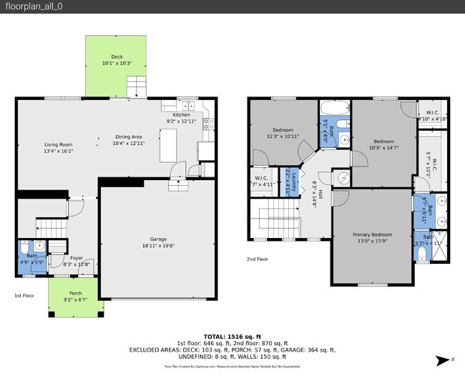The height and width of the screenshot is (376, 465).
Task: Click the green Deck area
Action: click(x=107, y=71)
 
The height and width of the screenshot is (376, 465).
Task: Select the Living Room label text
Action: click(x=59, y=148)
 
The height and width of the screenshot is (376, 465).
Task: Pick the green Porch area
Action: click(x=75, y=300)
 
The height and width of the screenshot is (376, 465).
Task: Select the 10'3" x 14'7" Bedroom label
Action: click(x=383, y=144)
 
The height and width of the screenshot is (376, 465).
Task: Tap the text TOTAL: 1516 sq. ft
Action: click(x=232, y=335)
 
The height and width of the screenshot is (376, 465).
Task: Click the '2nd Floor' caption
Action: click(x=259, y=259)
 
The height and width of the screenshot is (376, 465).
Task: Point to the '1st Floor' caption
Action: click(x=24, y=295)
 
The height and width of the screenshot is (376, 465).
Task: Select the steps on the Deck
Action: click(x=137, y=89)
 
